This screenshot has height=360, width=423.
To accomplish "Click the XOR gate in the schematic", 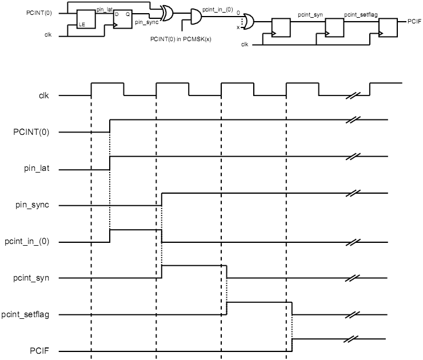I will click(168, 13).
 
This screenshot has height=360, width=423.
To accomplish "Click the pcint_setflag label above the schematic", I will click(360, 13).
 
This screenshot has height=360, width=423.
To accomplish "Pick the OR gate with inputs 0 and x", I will click(248, 21).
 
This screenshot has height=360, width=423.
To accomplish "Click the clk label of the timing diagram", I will click(43, 95).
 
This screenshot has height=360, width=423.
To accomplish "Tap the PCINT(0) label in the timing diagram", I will click(31, 132).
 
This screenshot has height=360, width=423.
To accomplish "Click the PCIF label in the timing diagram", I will click(39, 350).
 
